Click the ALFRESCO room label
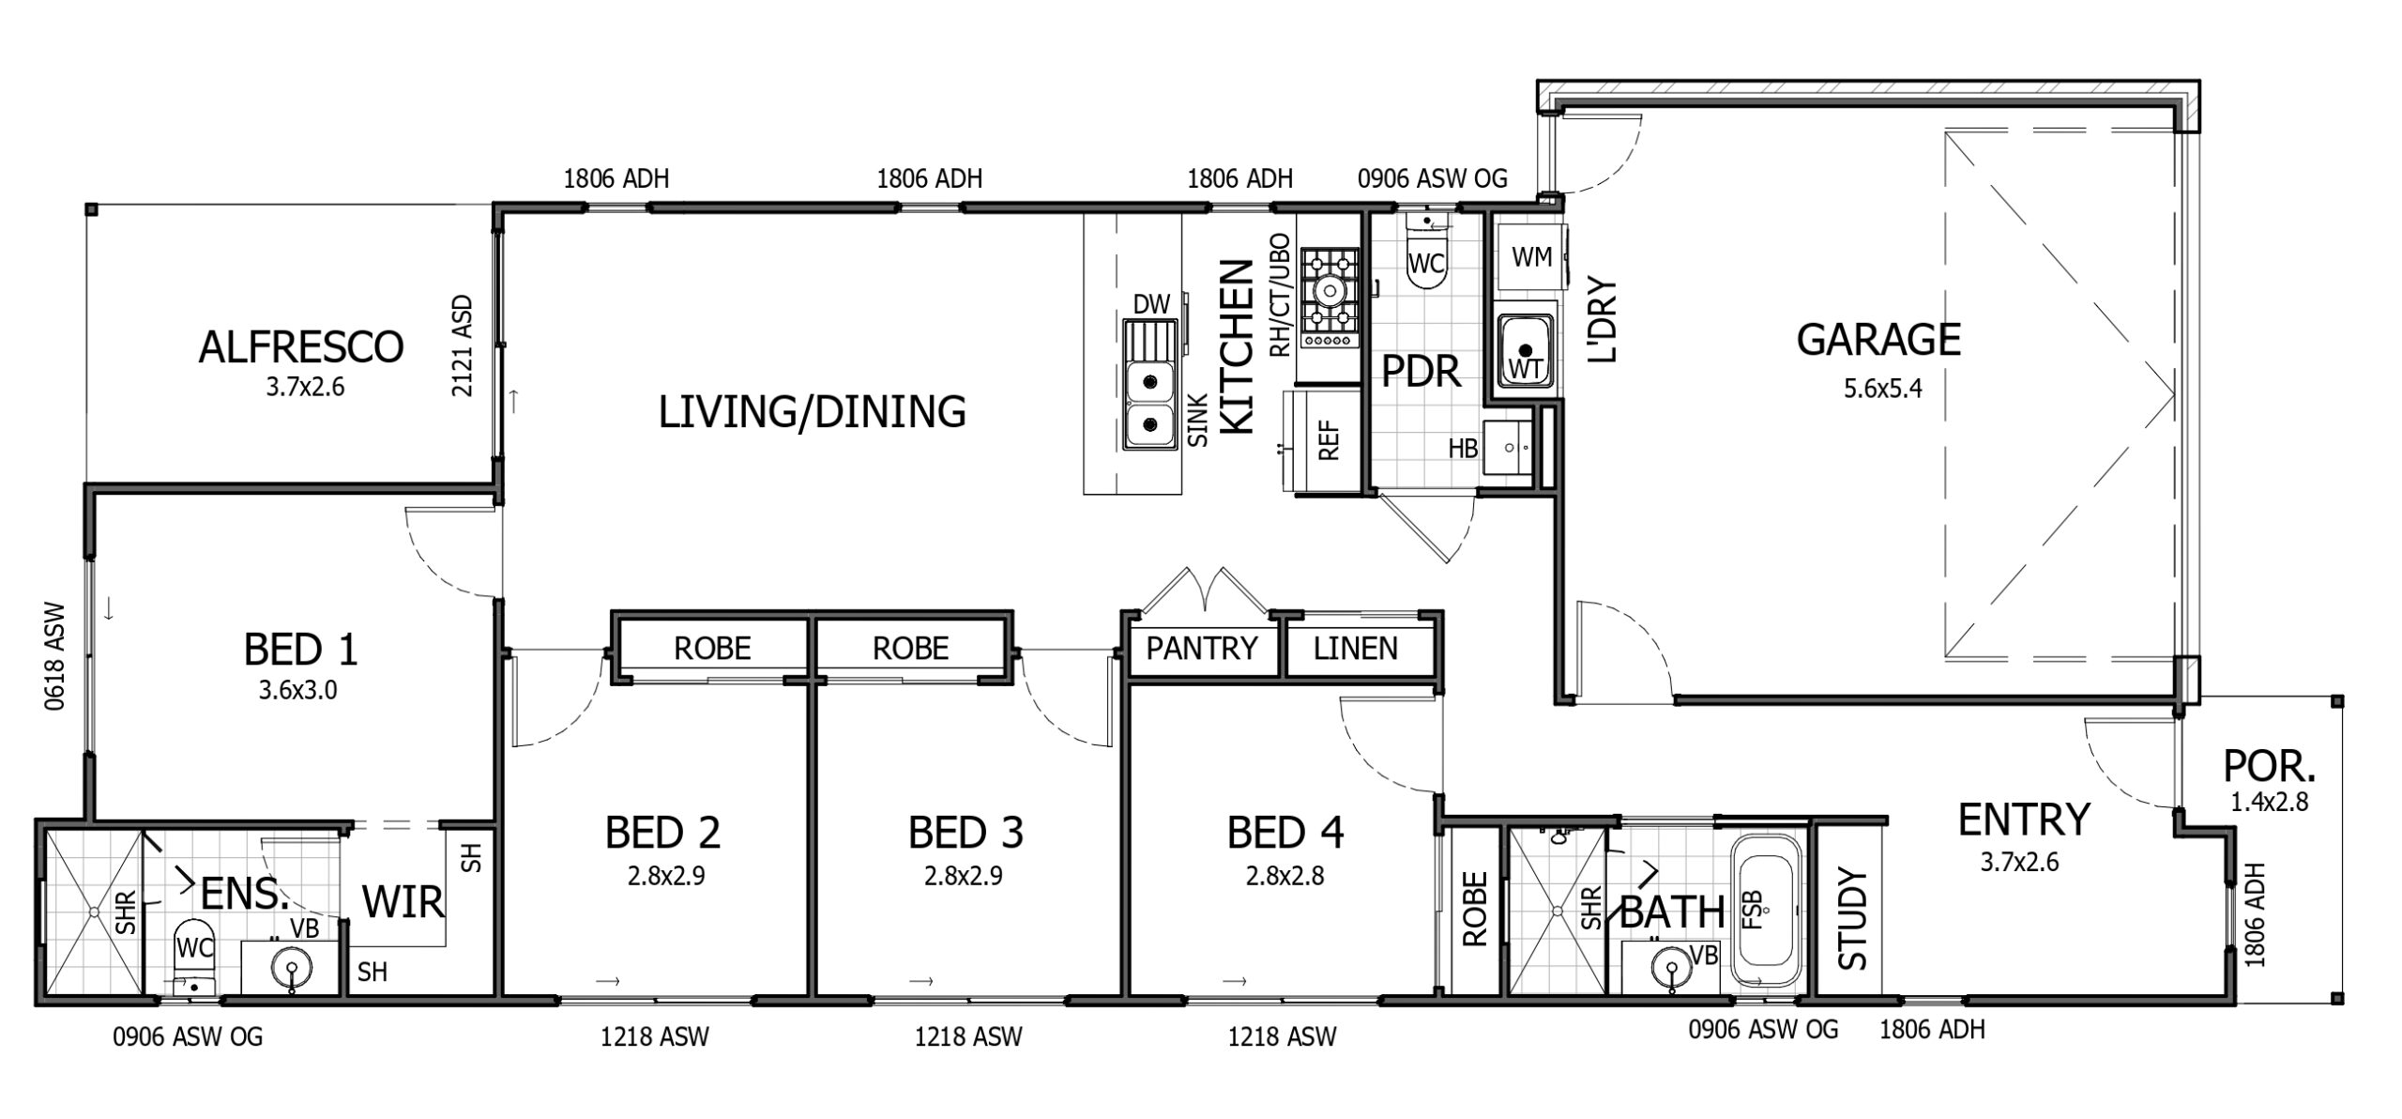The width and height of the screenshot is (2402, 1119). [x=300, y=346]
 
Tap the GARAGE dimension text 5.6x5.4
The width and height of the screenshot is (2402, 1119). [x=1882, y=388]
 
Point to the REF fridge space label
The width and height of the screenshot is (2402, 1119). [x=1329, y=439]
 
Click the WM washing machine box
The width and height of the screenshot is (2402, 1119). [x=1531, y=256]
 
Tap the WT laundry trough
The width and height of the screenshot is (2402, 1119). [x=1525, y=350]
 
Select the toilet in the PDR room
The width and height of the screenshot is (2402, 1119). [x=1426, y=260]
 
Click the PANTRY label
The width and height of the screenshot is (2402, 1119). [x=1201, y=648]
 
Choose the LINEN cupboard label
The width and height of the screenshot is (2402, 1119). [x=1355, y=648]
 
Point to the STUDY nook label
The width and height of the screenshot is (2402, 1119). [x=1852, y=919]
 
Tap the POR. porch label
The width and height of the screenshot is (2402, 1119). [x=2269, y=767]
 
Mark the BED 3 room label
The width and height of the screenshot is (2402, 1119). [x=965, y=832]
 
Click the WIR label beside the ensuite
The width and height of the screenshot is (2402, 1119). [x=403, y=902]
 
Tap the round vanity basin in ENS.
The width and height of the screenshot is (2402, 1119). [x=293, y=967]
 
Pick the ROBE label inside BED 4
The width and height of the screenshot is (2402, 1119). [x=1475, y=909]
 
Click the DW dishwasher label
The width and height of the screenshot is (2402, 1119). [x=1151, y=303]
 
